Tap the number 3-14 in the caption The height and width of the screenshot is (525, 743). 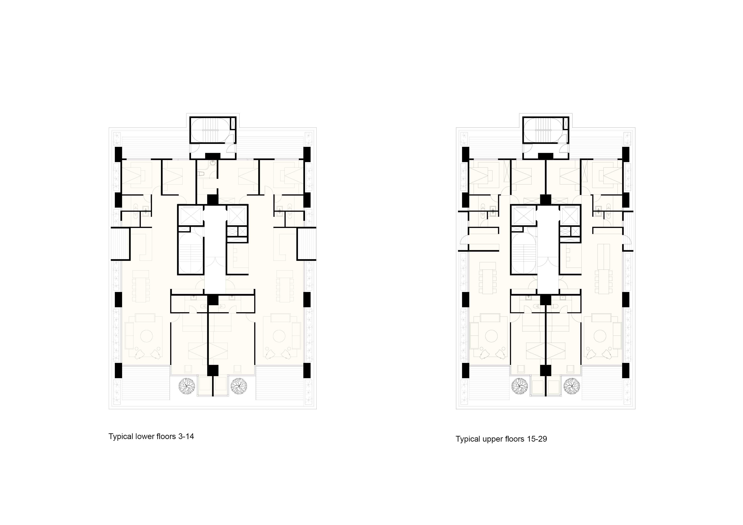click(186, 437)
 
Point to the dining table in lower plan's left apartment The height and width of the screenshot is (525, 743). click(141, 286)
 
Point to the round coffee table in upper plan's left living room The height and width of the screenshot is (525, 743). click(492, 336)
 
